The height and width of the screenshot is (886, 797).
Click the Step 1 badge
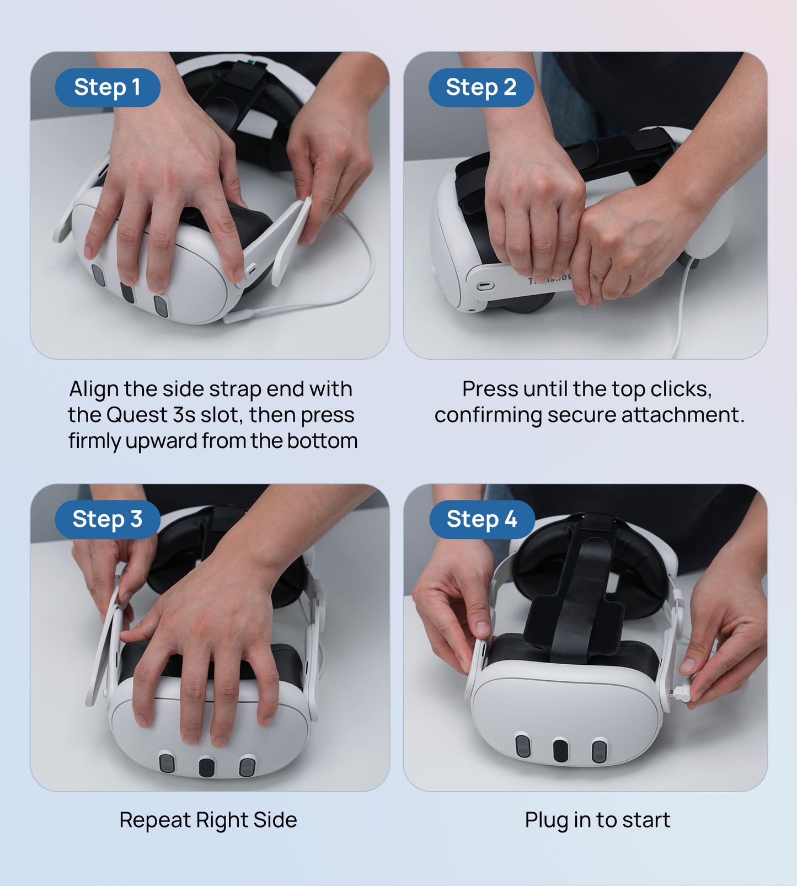(x=108, y=87)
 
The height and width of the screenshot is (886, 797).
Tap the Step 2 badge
(x=481, y=87)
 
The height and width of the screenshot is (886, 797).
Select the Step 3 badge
(x=108, y=519)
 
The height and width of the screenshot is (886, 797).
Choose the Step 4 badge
(x=482, y=519)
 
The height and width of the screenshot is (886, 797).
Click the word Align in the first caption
(x=94, y=389)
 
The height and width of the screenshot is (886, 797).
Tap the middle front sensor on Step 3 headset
(x=207, y=767)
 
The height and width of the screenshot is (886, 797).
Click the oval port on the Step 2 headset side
(x=484, y=286)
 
